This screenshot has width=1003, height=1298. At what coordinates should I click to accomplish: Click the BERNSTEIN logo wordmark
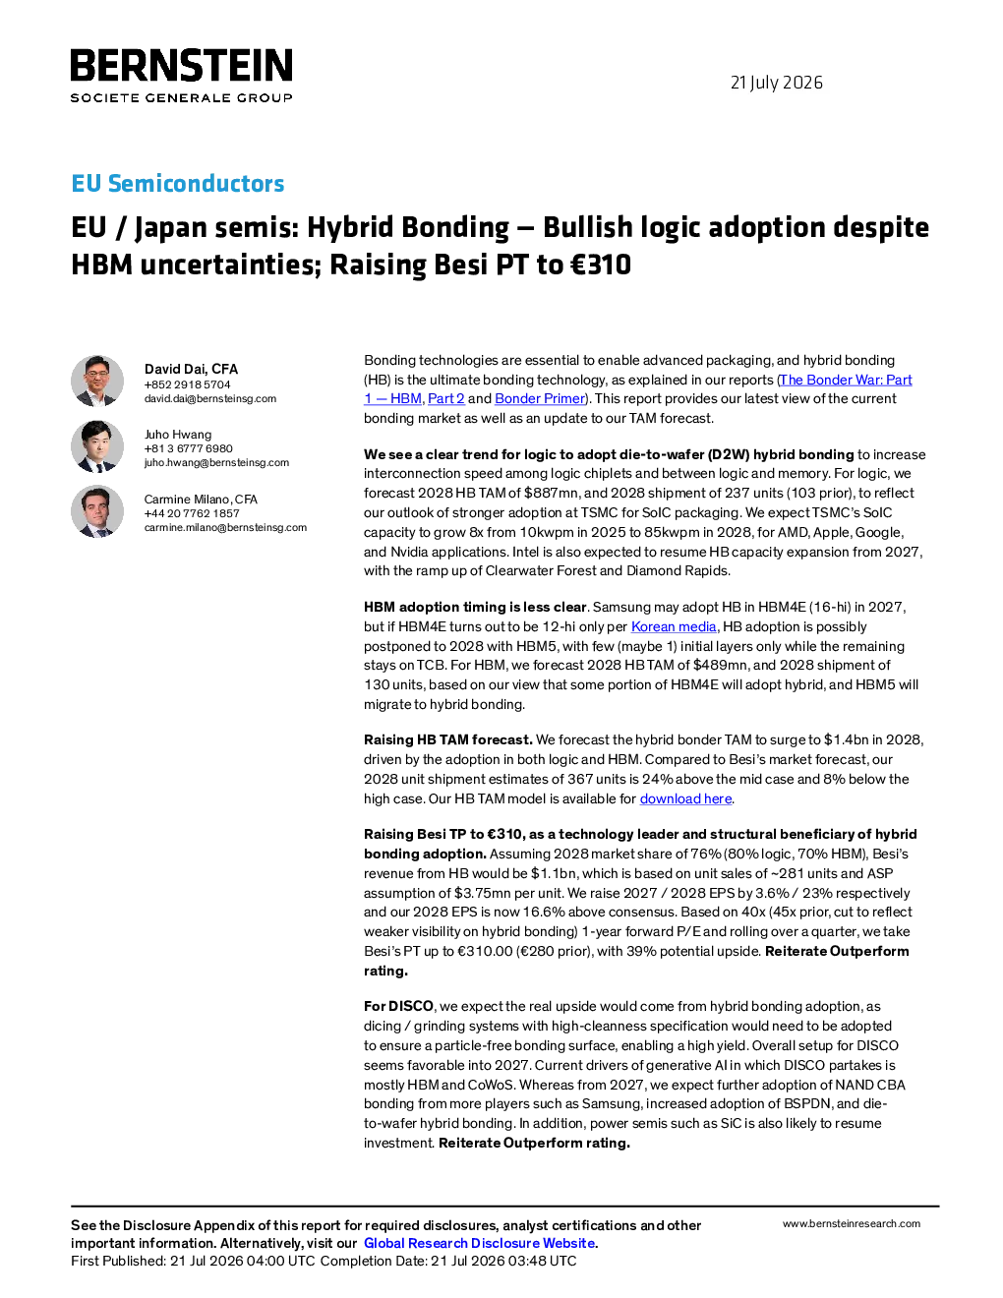pyautogui.click(x=181, y=65)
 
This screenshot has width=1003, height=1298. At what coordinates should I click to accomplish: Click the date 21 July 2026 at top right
pyautogui.click(x=776, y=83)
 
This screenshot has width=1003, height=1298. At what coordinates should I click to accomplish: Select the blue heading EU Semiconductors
pyautogui.click(x=177, y=183)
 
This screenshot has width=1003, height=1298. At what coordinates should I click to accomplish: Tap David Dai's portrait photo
pyautogui.click(x=97, y=382)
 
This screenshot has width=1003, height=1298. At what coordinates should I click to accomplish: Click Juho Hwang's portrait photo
pyautogui.click(x=97, y=446)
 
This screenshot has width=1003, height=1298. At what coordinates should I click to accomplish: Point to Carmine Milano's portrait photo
pyautogui.click(x=97, y=511)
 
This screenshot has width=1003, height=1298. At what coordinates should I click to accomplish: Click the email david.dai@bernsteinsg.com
pyautogui.click(x=210, y=398)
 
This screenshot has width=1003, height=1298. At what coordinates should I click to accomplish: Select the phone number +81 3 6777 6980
pyautogui.click(x=188, y=448)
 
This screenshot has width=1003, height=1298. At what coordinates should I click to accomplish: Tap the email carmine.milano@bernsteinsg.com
pyautogui.click(x=225, y=527)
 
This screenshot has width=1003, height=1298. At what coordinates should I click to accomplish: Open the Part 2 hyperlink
pyautogui.click(x=446, y=398)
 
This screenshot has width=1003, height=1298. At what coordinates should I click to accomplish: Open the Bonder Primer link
pyautogui.click(x=539, y=398)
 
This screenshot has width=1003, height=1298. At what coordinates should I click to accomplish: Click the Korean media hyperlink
pyautogui.click(x=674, y=626)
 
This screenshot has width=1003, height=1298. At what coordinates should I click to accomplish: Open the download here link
pyautogui.click(x=685, y=798)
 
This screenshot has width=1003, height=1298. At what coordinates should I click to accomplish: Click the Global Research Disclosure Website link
pyautogui.click(x=480, y=1243)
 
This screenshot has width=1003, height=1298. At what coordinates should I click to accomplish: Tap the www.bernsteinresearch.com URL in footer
pyautogui.click(x=852, y=1224)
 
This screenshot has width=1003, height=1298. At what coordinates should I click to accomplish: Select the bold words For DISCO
pyautogui.click(x=398, y=1007)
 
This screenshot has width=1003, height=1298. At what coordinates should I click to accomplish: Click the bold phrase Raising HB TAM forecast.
pyautogui.click(x=448, y=740)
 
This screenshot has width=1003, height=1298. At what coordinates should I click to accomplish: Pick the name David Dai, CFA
pyautogui.click(x=191, y=369)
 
